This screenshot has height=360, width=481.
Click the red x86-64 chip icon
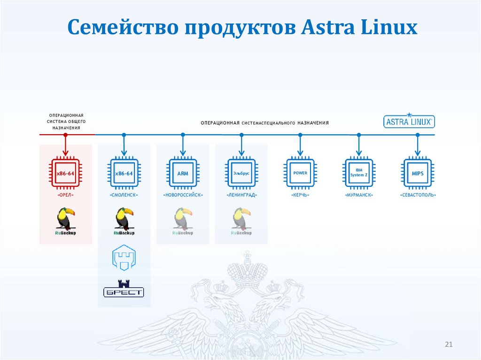(x=65, y=174)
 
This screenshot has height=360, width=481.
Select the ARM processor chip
(x=183, y=174)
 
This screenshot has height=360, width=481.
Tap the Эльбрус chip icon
(x=241, y=174)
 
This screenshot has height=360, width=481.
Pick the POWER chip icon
(x=300, y=174)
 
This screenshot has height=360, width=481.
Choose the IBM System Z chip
(x=359, y=174)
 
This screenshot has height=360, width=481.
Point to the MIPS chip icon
(x=418, y=174)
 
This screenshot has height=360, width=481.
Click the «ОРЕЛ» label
(x=65, y=195)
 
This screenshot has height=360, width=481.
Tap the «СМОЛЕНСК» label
(x=124, y=195)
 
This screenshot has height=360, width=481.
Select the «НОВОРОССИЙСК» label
(x=183, y=195)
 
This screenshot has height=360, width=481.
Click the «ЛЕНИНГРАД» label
(x=241, y=195)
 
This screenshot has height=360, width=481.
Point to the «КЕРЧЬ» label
(x=300, y=195)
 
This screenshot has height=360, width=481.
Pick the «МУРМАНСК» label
(x=359, y=195)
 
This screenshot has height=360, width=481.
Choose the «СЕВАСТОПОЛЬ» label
(x=418, y=195)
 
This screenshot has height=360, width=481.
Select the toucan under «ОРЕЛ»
(x=65, y=218)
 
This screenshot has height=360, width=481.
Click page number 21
(x=448, y=345)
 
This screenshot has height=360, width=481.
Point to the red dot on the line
(x=65, y=135)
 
